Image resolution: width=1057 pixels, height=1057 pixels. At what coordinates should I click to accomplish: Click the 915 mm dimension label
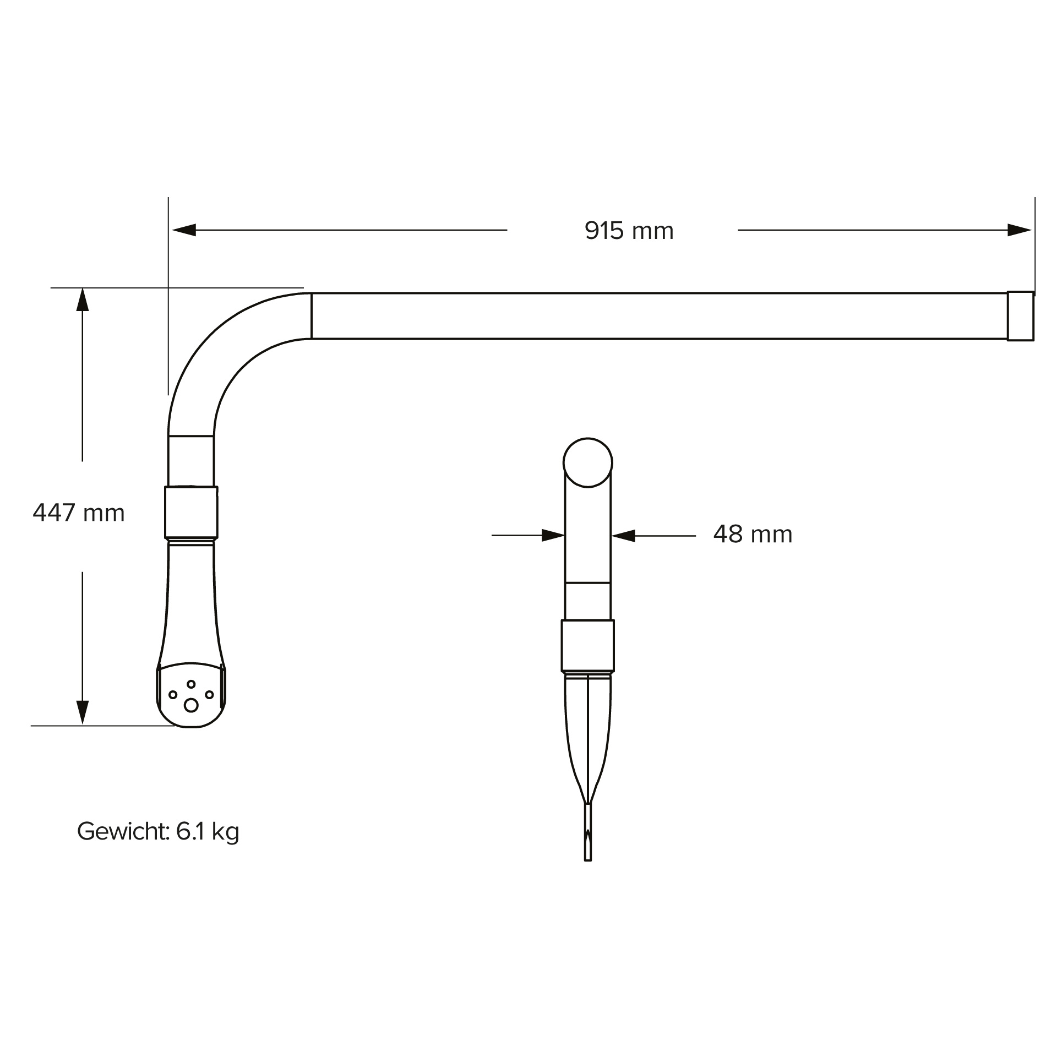[629, 231]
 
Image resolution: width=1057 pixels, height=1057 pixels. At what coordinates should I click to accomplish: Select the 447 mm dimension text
[79, 513]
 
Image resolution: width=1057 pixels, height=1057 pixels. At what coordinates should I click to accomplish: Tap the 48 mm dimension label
[752, 534]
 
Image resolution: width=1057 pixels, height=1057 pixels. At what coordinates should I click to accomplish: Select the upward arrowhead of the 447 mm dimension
[83, 300]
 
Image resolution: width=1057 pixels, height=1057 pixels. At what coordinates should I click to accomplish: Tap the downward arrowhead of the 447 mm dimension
[83, 712]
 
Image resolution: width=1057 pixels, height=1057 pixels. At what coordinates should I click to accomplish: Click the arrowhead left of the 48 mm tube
[553, 535]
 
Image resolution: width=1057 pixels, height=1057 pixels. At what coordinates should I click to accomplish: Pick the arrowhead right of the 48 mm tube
[623, 535]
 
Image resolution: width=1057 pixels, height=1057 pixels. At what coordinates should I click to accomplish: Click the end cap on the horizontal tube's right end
[1020, 316]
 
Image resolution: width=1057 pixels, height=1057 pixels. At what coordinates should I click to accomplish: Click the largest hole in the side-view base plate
[191, 705]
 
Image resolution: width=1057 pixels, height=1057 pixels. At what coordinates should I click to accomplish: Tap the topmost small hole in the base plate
[191, 684]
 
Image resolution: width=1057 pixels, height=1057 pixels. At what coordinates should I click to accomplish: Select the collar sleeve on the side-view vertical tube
[191, 512]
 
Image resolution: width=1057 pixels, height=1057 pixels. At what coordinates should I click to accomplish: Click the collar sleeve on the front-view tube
[587, 645]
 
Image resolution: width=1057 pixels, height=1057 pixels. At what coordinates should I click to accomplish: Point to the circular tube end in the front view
[587, 462]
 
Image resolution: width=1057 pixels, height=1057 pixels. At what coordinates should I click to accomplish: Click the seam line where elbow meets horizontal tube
[311, 316]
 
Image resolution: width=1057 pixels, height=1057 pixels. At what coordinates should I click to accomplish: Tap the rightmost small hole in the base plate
[209, 695]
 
